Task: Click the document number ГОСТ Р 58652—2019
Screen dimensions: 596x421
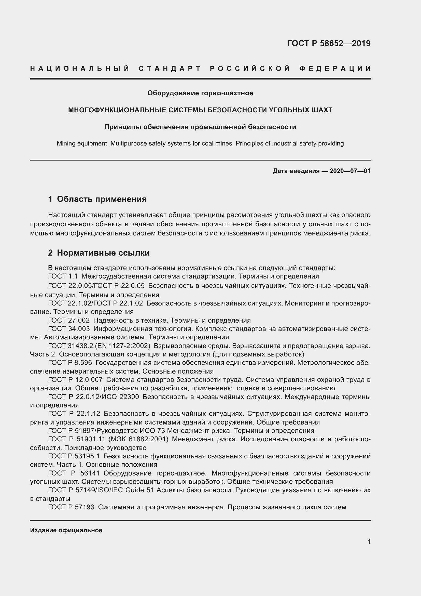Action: click(x=328, y=43)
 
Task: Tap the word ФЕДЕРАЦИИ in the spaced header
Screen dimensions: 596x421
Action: click(x=335, y=69)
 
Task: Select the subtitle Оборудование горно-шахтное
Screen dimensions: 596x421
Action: click(x=200, y=93)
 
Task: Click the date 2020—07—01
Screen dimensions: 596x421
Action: click(x=350, y=171)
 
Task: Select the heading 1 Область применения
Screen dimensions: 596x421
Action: click(x=97, y=199)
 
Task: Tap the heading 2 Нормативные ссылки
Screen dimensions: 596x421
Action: click(x=99, y=253)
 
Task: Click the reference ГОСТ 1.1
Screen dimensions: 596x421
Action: click(x=63, y=276)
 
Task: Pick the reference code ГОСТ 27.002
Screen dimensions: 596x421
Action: click(x=69, y=320)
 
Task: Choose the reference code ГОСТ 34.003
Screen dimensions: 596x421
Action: click(x=69, y=329)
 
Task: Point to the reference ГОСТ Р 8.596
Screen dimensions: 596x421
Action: click(x=70, y=363)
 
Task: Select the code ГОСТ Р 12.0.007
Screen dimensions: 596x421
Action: click(x=75, y=380)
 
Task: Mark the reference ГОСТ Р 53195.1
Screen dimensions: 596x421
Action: click(x=74, y=456)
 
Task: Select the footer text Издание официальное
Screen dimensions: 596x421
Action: click(x=66, y=530)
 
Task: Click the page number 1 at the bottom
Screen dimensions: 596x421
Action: click(x=369, y=541)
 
